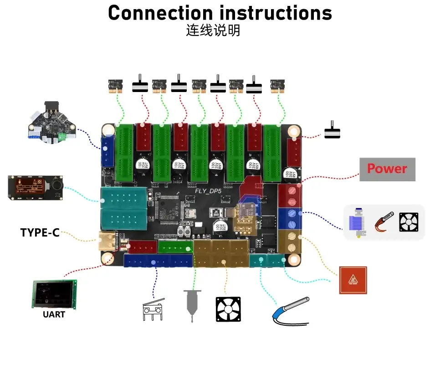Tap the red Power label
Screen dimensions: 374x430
pos(387,169)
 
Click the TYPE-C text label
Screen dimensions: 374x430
pos(40,233)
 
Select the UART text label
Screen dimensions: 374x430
pos(54,314)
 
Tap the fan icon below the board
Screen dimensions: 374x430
pos(228,310)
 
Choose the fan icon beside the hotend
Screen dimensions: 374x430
pos(409,223)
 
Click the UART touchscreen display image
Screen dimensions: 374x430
pos(54,294)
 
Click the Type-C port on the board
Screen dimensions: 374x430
pos(107,241)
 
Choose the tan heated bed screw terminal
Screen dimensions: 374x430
pos(290,242)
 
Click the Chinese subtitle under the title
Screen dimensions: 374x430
pos(213,31)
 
